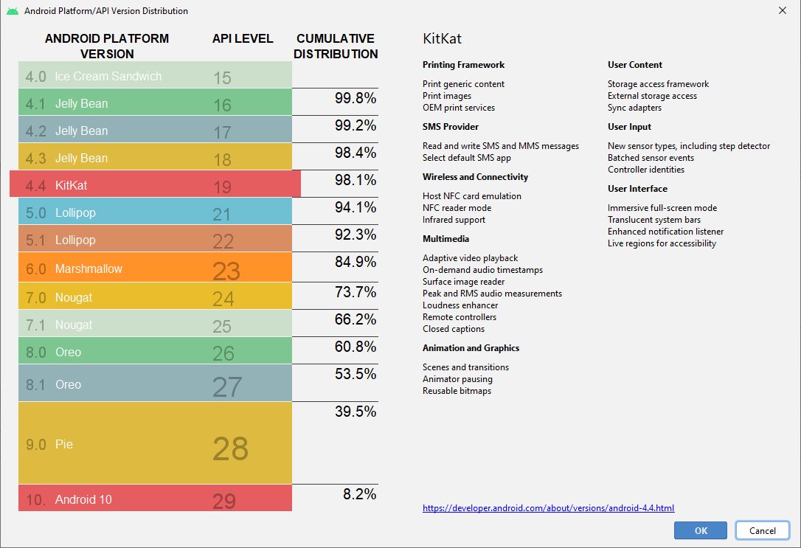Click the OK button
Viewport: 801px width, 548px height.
point(700,530)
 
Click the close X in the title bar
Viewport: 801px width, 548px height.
point(782,10)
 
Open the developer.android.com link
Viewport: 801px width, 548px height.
point(548,508)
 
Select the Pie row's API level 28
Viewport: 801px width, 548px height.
point(230,448)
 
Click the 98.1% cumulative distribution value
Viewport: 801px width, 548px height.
point(356,180)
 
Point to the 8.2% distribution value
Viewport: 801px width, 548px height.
point(360,494)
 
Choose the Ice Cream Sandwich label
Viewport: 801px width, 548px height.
point(108,77)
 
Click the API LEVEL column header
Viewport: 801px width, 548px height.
point(243,39)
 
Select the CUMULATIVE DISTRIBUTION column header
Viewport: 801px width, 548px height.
point(336,46)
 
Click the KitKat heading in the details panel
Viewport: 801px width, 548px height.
point(442,39)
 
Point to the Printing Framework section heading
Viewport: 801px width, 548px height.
point(463,65)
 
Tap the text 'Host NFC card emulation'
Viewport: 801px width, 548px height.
point(471,196)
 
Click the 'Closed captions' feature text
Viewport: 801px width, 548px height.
point(454,329)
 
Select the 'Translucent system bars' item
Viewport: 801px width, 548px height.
point(653,220)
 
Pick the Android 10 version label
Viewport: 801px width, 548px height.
point(83,500)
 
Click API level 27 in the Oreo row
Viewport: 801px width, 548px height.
point(226,386)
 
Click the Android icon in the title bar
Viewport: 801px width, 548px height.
point(13,11)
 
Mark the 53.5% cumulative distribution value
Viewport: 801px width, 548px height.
point(356,374)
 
